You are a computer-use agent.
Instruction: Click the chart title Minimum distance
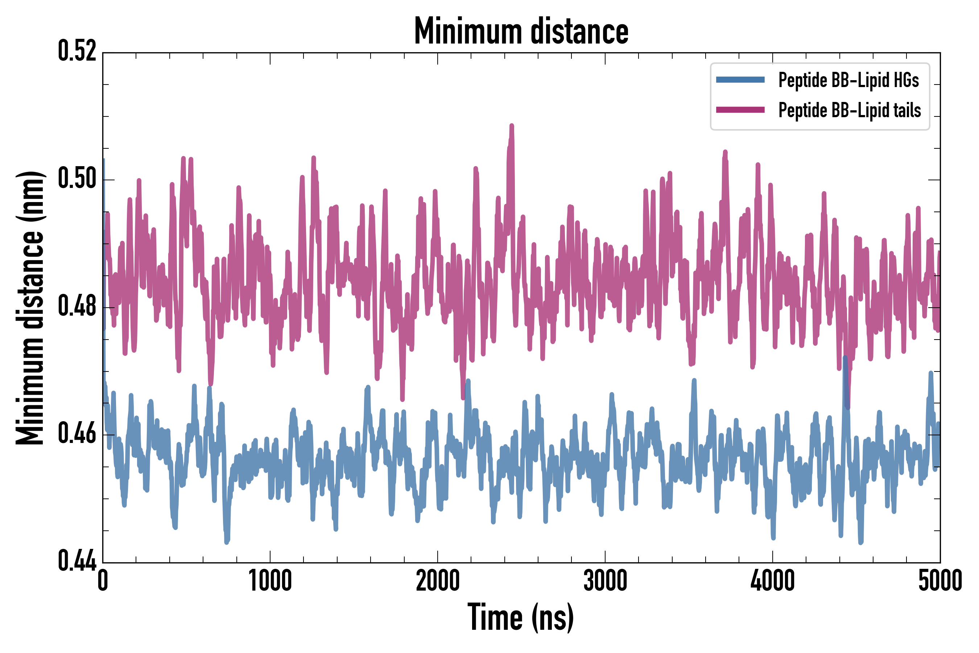pos(521,31)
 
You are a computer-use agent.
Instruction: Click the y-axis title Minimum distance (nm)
pos(30,308)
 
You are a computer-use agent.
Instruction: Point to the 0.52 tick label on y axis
pos(77,51)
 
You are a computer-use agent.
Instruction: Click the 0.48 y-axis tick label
pos(77,307)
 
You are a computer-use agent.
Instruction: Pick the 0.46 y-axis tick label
pos(77,434)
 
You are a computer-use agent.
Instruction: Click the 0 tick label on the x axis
pos(103,580)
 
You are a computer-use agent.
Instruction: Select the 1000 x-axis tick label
pos(270,580)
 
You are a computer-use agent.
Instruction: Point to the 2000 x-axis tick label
pos(438,580)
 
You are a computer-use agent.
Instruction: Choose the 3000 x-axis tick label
pos(605,580)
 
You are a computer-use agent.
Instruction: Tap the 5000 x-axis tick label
pos(940,580)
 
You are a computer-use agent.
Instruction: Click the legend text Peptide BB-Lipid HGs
pos(848,80)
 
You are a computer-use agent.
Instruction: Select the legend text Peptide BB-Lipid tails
pos(850,110)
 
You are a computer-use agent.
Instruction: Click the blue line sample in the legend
pos(740,80)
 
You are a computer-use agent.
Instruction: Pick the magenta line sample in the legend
pos(740,110)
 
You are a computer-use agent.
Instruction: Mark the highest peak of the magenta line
pos(512,126)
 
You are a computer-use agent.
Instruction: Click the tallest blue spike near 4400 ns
pos(845,357)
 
